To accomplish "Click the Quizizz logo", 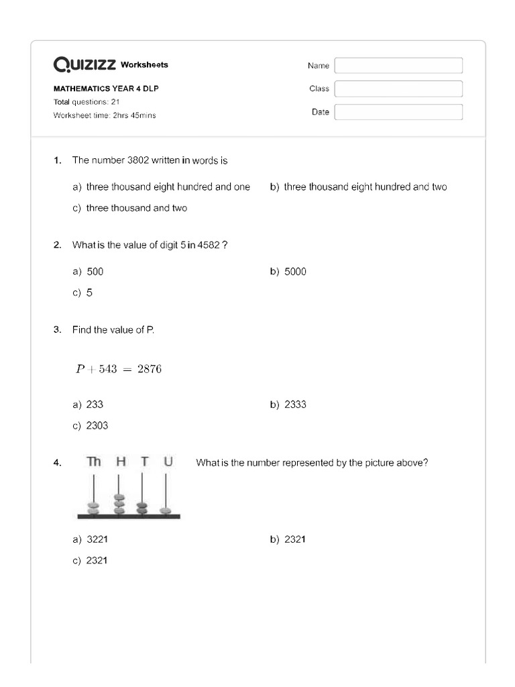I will coord(84,64).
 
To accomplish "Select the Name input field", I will coord(398,65).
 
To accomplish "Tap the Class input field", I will coord(398,89).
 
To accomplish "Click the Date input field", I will coord(398,112).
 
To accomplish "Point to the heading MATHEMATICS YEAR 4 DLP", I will coord(106,89).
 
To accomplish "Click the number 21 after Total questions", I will coord(115,102).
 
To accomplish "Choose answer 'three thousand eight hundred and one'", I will coord(168,187).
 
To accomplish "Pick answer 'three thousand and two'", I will coord(137,208).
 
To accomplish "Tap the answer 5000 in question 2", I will coord(295,272).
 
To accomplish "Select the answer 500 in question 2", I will coord(95,272).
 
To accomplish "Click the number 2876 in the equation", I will coord(150,369).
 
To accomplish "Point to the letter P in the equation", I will coord(80,369).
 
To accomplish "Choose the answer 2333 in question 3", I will coord(295,405).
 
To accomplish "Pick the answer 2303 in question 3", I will coord(97,425).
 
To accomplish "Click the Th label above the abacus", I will coord(94,462).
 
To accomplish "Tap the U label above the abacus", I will coord(168,462).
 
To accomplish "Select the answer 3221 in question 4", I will coord(97,539).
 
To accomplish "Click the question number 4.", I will coord(57,462).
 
